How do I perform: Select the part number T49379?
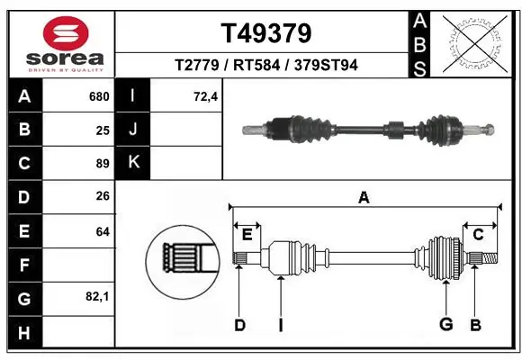point(266,33)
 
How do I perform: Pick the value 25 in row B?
point(103,130)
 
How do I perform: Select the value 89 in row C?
point(103,164)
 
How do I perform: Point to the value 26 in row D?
point(103,197)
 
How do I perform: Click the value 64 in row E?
point(103,231)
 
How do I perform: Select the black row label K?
point(133,164)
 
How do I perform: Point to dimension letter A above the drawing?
point(364,197)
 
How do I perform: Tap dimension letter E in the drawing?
point(247,234)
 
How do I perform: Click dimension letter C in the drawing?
point(479,234)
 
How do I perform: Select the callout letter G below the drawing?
point(445,325)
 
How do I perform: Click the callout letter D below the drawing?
point(239,325)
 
